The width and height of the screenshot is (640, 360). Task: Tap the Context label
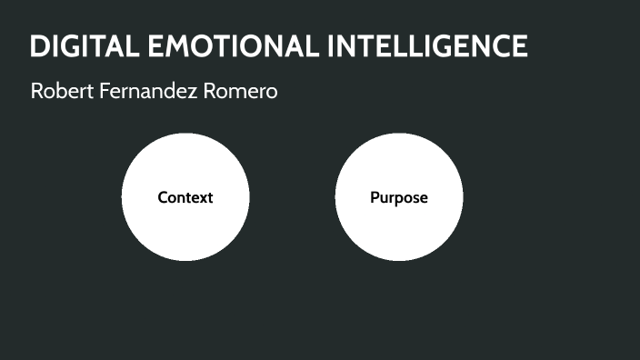click(185, 197)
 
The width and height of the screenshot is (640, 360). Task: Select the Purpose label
click(398, 197)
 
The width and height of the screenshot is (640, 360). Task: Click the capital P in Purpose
click(375, 197)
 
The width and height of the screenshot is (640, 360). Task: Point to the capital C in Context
click(163, 197)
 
